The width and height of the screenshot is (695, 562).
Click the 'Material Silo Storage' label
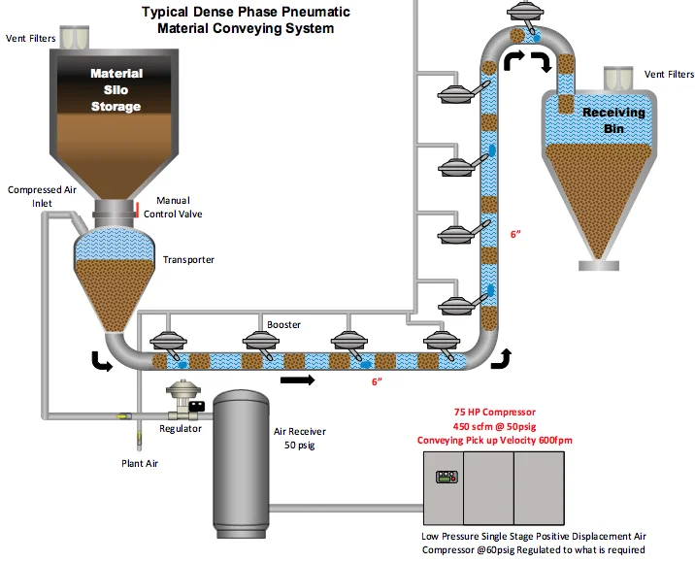116,89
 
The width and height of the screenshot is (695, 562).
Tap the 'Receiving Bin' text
613,119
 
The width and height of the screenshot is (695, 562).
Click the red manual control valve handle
137,210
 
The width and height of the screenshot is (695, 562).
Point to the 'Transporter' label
188,259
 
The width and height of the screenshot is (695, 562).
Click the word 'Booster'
284,324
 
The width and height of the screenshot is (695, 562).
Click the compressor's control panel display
447,477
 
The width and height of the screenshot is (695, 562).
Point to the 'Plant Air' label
139,463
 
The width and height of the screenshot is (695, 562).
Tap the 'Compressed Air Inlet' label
42,196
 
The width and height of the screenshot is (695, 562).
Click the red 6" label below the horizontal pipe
378,381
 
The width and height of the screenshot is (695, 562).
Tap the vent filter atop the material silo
74,37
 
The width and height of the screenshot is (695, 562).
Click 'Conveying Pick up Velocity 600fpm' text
511,440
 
